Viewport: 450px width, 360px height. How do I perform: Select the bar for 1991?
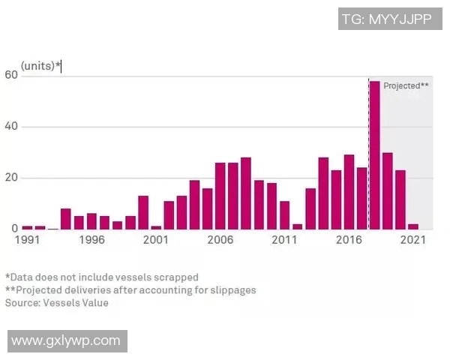pos(28,226)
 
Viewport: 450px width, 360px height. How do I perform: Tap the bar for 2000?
pos(143,212)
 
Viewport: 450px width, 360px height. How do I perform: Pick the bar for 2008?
pos(246,193)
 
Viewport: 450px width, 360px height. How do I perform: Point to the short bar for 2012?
pos(297,226)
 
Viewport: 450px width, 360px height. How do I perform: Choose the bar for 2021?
pos(413,226)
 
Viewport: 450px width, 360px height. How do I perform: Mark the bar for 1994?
pos(66,219)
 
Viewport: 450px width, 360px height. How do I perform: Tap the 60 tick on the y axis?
pos(10,75)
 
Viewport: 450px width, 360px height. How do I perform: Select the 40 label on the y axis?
pos(10,127)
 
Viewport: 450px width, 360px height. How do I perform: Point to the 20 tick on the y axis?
pos(10,178)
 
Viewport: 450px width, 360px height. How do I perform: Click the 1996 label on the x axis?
pos(91,241)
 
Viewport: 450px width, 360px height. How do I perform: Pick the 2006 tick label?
pos(220,241)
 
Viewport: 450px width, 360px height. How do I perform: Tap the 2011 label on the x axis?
pos(284,241)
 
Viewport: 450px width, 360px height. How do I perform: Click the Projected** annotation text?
pos(406,85)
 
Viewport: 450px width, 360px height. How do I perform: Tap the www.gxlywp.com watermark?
pos(66,340)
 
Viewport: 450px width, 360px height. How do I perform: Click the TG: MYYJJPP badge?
pos(386,19)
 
